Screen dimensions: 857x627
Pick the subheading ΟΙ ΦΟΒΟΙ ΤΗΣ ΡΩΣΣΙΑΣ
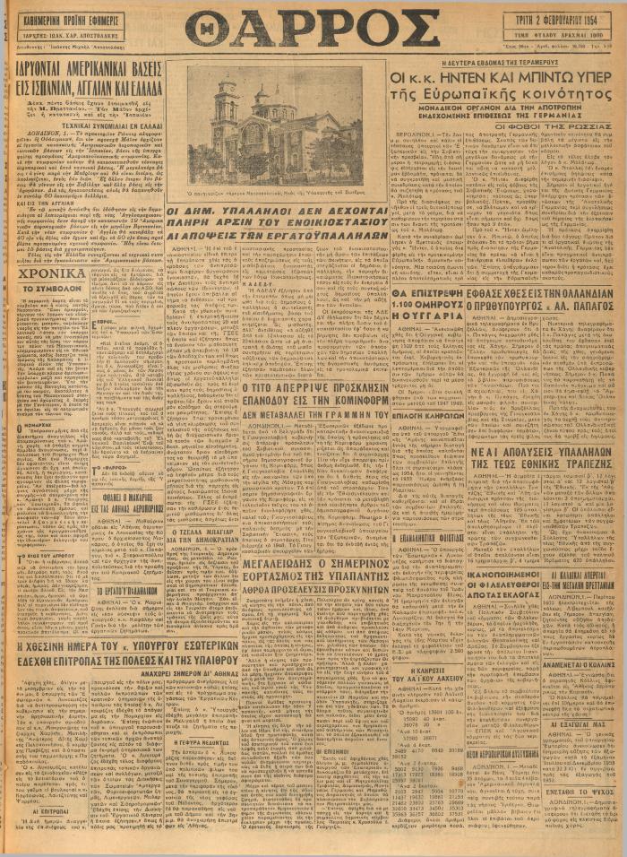561,126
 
